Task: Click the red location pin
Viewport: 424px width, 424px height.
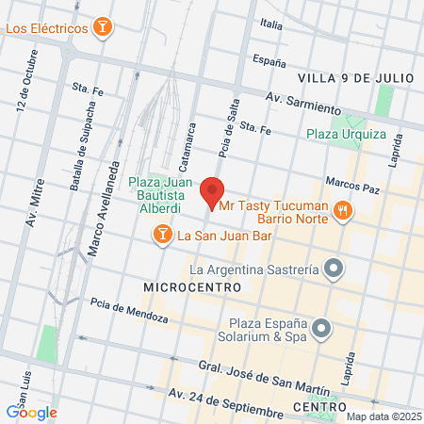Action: click(x=213, y=192)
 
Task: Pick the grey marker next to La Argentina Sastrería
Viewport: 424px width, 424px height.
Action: click(x=332, y=270)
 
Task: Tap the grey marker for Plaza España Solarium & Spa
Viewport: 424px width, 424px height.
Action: click(x=322, y=329)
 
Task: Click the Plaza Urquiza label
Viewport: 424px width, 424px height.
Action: click(x=346, y=133)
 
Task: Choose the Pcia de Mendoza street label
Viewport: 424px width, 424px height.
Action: click(x=129, y=311)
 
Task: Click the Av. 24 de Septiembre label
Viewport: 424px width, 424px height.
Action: click(x=225, y=405)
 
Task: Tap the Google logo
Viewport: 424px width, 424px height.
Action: click(x=31, y=411)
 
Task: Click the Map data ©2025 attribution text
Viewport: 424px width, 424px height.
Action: click(x=383, y=416)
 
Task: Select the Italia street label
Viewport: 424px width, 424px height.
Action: click(x=272, y=24)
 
